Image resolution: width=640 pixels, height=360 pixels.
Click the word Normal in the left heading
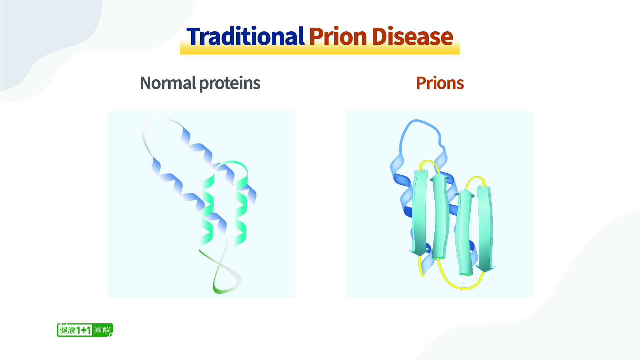168,83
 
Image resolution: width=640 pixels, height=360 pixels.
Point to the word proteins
230,83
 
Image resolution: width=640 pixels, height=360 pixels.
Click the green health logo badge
85,330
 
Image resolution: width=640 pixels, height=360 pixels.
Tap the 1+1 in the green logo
84,330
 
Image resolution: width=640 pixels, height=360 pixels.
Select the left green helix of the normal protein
207,210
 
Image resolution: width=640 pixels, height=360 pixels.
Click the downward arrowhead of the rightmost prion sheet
485,268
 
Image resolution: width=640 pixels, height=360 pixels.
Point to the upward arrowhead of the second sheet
439,178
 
